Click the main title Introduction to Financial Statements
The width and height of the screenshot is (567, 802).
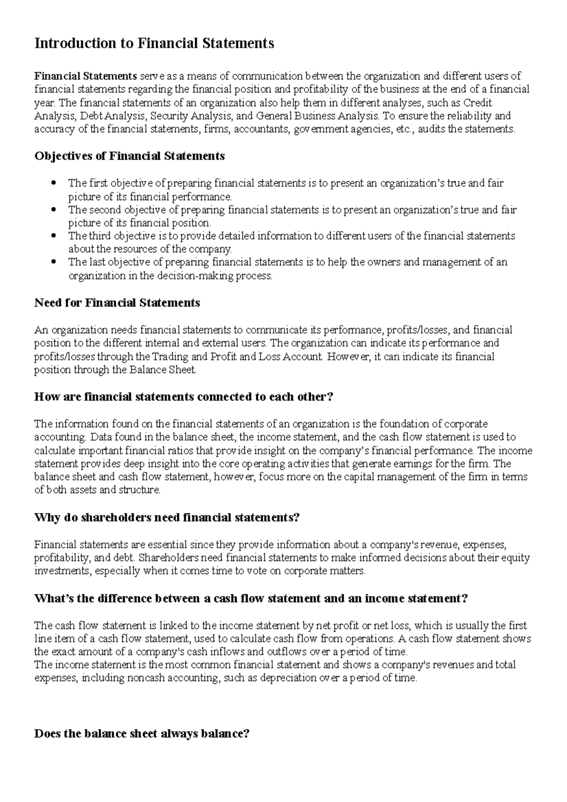[x=154, y=43]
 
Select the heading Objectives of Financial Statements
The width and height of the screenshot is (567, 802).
[x=129, y=156]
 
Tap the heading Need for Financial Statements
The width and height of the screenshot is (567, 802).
[x=117, y=303]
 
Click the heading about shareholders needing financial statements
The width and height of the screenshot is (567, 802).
[x=167, y=518]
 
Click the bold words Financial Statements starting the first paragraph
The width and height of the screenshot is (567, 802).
[x=86, y=76]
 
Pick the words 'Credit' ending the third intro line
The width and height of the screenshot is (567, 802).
[x=478, y=103]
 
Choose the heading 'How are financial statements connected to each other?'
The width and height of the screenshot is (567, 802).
[x=184, y=397]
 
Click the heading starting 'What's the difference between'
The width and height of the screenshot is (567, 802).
[x=251, y=598]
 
